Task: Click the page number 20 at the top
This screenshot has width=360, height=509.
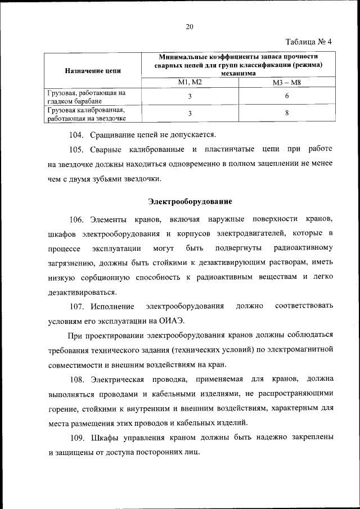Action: point(190,26)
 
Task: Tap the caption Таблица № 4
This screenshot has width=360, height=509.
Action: point(309,42)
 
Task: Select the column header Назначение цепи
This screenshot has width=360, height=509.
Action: point(92,71)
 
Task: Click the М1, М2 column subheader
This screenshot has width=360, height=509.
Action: point(190,83)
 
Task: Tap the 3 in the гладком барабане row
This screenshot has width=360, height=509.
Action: point(190,96)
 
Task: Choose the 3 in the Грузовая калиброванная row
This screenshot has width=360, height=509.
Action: point(190,114)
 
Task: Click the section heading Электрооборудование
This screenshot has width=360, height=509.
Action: point(190,201)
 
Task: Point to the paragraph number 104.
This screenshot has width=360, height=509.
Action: point(76,134)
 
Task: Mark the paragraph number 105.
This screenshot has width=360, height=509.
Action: point(76,150)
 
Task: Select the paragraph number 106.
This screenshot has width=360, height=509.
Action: point(77,218)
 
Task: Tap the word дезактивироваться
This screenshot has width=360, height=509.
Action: point(83,292)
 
